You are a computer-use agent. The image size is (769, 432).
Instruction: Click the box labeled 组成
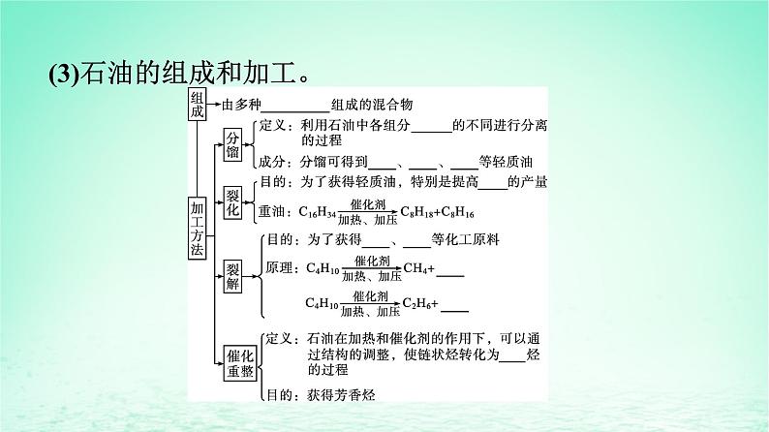pos(198,105)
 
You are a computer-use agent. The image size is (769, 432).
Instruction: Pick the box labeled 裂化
pos(233,197)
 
